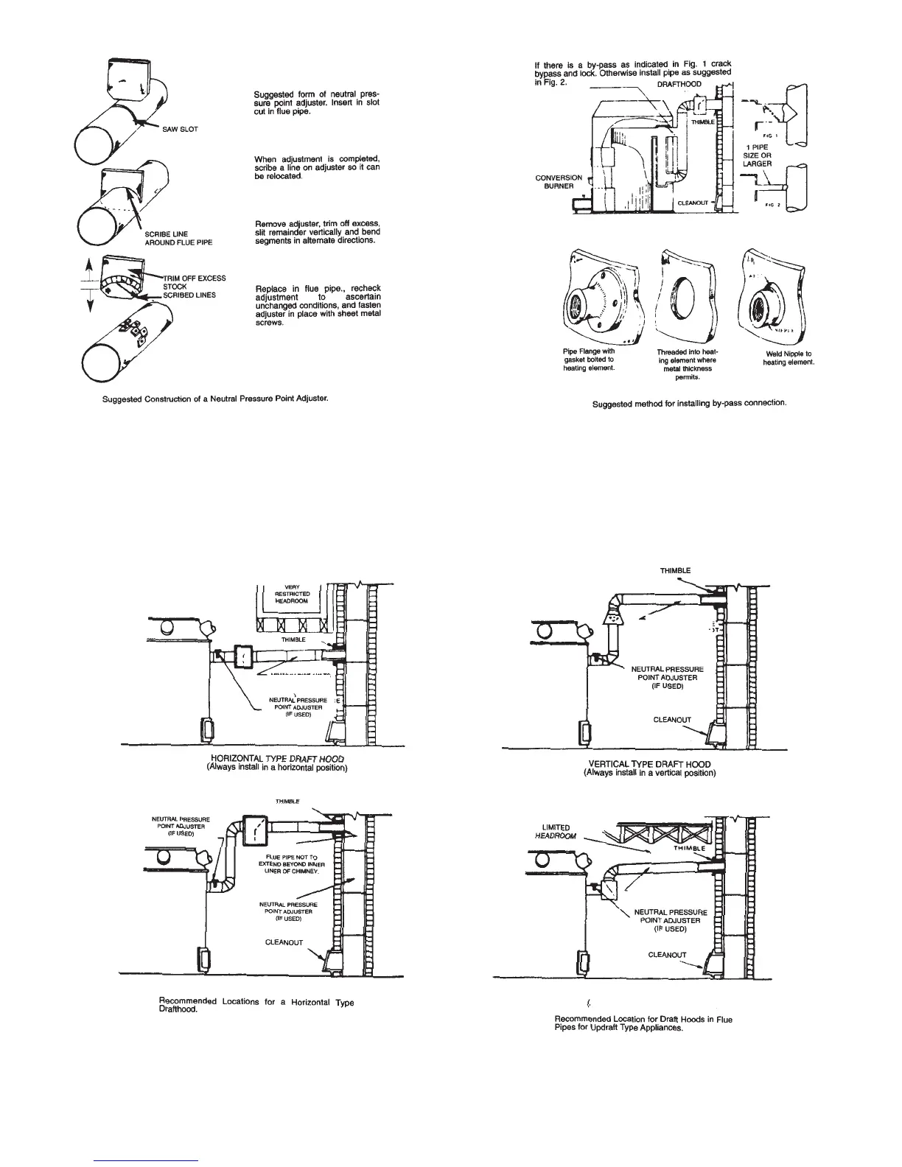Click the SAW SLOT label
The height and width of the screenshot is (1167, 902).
coord(180,129)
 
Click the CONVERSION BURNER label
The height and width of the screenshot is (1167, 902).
coord(559,181)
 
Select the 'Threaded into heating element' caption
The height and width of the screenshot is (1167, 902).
coord(686,364)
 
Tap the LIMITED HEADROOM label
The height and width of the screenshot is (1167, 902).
coord(556,831)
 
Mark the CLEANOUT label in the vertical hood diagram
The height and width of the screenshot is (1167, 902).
coord(672,720)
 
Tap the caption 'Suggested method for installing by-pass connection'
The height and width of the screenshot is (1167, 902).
coord(685,404)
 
